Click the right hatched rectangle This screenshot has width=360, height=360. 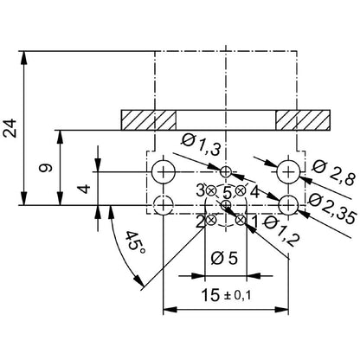(x=303, y=118)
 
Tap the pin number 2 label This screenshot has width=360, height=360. (x=200, y=222)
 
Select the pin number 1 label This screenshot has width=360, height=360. (x=254, y=222)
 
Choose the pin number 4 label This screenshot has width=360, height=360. (x=254, y=190)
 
